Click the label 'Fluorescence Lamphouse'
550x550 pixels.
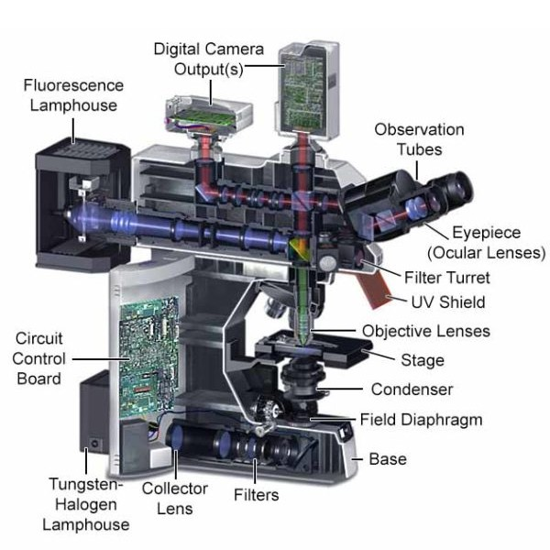click(72, 95)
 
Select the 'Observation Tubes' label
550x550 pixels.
click(419, 139)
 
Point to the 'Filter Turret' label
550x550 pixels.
click(446, 277)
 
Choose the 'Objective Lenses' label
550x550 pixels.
click(425, 331)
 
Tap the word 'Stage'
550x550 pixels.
click(421, 360)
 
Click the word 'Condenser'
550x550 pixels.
click(412, 390)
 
